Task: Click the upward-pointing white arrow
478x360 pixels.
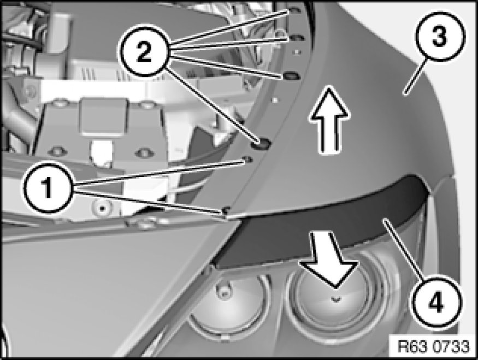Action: click(x=329, y=120)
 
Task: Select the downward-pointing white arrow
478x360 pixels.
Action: click(x=332, y=258)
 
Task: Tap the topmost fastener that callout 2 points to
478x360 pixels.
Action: click(x=294, y=11)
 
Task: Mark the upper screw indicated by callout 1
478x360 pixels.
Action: click(x=247, y=160)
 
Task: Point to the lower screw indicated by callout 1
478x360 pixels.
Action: click(x=226, y=210)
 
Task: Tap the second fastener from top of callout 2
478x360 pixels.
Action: click(x=295, y=38)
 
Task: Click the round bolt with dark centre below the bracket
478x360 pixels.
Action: click(x=102, y=209)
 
